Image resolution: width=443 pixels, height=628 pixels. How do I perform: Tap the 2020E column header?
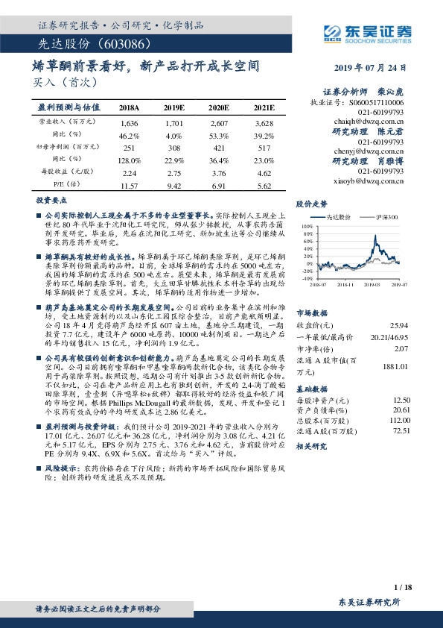(x=217, y=108)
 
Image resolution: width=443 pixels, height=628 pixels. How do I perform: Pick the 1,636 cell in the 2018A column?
(x=130, y=122)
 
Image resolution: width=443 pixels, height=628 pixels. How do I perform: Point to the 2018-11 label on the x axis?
(x=344, y=283)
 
